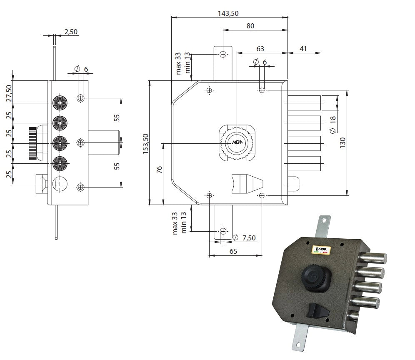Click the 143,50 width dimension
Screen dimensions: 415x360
pyautogui.click(x=228, y=13)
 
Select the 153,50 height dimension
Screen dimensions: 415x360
pyautogui.click(x=146, y=144)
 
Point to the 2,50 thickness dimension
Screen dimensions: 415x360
pyautogui.click(x=71, y=32)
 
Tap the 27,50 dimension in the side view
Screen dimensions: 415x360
pyautogui.click(x=9, y=93)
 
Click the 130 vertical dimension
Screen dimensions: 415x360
pyautogui.click(x=343, y=143)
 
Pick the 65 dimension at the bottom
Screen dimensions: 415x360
pyautogui.click(x=233, y=251)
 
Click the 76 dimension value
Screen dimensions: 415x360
pyautogui.click(x=159, y=170)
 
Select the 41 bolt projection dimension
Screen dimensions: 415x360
pyautogui.click(x=303, y=49)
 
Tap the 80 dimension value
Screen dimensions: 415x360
pyautogui.click(x=250, y=26)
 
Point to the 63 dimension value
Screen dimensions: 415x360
pyautogui.click(x=260, y=49)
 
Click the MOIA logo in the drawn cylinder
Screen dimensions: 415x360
pyautogui.click(x=237, y=142)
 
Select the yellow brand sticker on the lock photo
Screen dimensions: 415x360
pyautogui.click(x=320, y=250)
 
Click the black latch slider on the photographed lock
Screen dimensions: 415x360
pyautogui.click(x=317, y=311)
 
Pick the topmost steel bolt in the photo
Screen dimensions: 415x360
pyautogui.click(x=373, y=257)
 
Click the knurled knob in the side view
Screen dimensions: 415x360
pyautogui.click(x=32, y=143)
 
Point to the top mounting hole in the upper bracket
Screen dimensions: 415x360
pyautogui.click(x=223, y=54)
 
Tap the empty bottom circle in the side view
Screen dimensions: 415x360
pyautogui.click(x=60, y=184)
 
